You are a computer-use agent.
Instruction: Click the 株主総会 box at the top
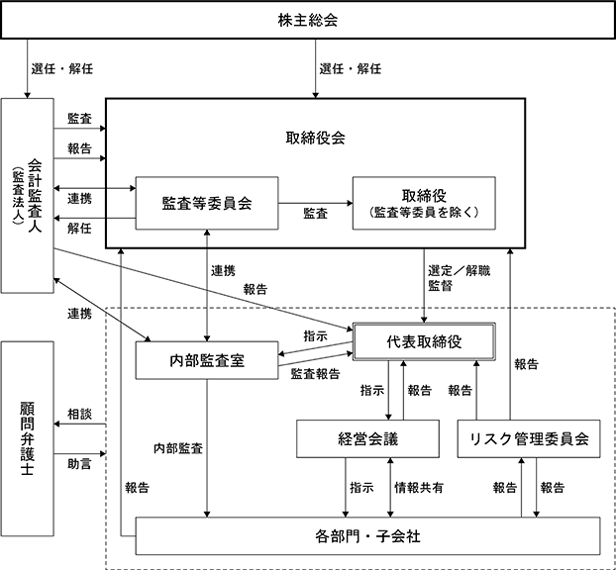coord(308,20)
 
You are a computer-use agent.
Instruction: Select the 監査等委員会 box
coord(207,203)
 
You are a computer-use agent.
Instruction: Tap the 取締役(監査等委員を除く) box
coord(424,203)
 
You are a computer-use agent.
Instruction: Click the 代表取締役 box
coord(424,341)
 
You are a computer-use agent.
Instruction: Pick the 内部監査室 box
coord(207,360)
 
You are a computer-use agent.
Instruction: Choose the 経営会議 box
coord(367,439)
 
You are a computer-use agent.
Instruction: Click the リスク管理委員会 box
coord(529,439)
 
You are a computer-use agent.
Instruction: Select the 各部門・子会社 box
coord(367,535)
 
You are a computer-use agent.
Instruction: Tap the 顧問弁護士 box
coord(27,438)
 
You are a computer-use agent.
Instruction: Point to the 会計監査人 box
coord(27,196)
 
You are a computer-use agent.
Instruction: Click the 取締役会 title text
coord(316,139)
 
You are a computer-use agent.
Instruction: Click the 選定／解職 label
coord(460,270)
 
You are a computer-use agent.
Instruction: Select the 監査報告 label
coord(316,374)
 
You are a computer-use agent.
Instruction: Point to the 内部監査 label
coord(178,448)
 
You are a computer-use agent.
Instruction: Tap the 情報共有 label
coord(419,488)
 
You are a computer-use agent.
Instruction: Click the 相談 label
coord(80,414)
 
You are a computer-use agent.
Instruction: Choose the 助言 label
coord(80,464)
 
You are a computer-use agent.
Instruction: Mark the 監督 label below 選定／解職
coord(441,285)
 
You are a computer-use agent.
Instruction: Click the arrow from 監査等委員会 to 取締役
coord(316,203)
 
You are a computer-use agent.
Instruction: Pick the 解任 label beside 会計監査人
coord(80,228)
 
